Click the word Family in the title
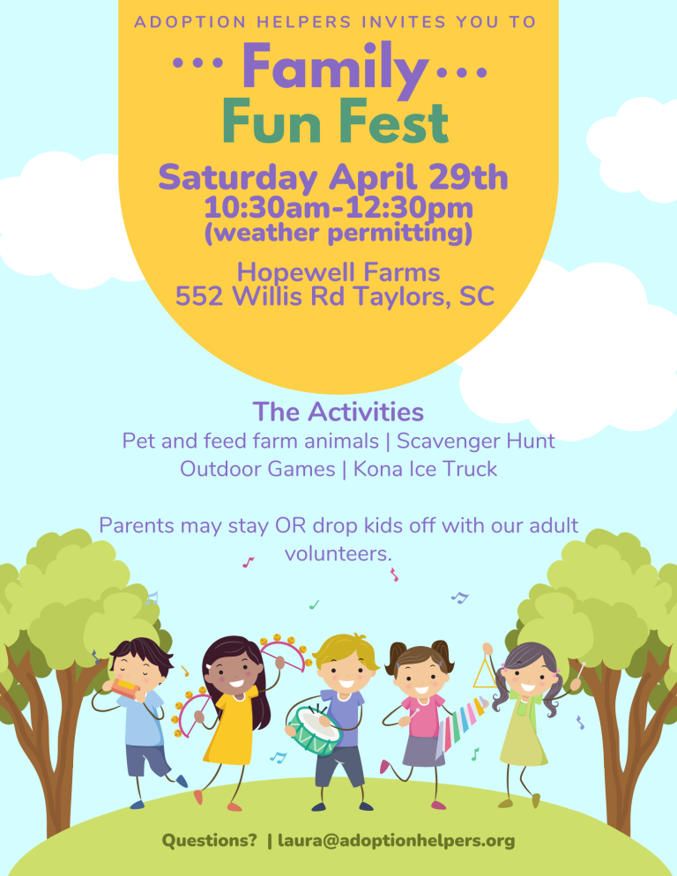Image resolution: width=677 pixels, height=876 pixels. tap(335, 68)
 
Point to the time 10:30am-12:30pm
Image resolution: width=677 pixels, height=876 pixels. tap(338, 208)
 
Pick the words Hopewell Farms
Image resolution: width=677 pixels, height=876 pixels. tap(338, 272)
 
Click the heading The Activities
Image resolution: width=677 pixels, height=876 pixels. tap(338, 412)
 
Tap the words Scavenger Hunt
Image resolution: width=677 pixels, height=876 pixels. tap(476, 441)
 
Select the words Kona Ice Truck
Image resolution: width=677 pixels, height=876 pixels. tap(425, 469)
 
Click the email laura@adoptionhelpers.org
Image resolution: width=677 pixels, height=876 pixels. tap(397, 840)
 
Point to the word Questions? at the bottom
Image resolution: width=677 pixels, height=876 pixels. tap(210, 840)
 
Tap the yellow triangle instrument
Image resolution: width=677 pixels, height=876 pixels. tap(484, 672)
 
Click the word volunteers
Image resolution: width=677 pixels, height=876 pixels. tap(338, 553)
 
